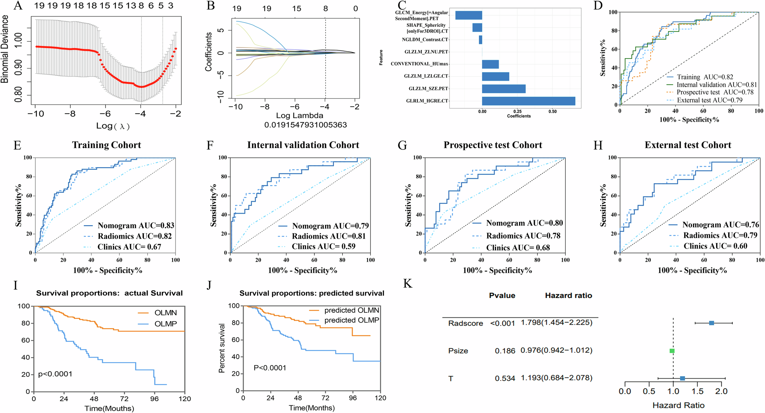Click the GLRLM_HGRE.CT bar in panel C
point(528,101)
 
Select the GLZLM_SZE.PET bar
point(503,89)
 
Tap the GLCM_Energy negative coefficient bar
point(469,15)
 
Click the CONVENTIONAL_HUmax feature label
point(419,64)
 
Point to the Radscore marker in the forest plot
point(711,323)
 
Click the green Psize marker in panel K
point(672,351)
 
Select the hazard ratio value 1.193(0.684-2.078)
point(556,378)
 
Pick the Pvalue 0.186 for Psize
point(505,351)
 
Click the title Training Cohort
point(106,145)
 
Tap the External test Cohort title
point(688,145)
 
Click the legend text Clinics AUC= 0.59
point(324,247)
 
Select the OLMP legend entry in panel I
point(165,324)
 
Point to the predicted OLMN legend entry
point(352,310)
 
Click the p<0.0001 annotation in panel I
point(55,374)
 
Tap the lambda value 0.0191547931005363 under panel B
point(305,125)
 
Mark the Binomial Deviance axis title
point(5,49)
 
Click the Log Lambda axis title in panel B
point(299,115)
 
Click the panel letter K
point(408,284)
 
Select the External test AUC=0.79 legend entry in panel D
point(709,100)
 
